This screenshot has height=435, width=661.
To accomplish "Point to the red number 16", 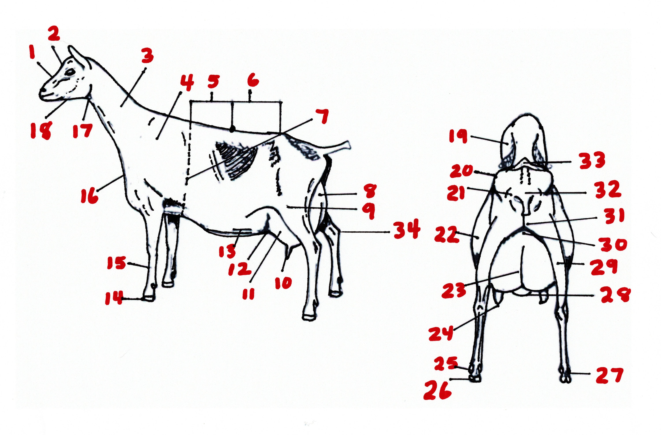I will tap(89, 196).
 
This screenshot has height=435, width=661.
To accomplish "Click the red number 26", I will tap(437, 390).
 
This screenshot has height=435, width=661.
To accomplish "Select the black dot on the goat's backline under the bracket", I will tap(233, 128).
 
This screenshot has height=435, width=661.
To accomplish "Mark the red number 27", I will tap(608, 375).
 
